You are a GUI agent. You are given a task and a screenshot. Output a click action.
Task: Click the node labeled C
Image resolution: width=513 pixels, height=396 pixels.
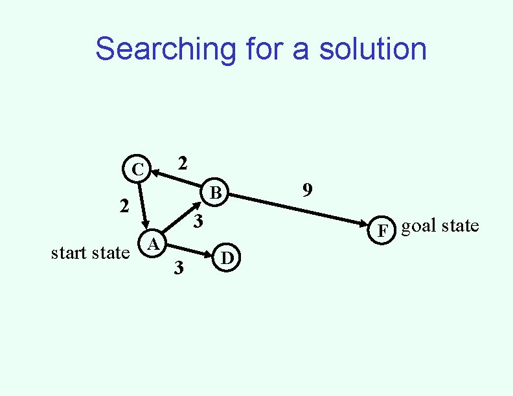[137, 170]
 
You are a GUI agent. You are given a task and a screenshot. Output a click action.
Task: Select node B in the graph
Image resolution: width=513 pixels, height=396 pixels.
[216, 193]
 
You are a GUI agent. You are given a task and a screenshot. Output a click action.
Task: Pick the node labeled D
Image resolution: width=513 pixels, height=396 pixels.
[227, 258]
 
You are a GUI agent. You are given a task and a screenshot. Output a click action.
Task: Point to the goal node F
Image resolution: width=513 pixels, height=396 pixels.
[383, 230]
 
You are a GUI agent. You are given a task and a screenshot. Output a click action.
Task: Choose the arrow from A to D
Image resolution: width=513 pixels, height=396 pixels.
[191, 250]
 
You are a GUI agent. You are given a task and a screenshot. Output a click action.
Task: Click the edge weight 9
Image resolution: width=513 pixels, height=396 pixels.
[308, 190]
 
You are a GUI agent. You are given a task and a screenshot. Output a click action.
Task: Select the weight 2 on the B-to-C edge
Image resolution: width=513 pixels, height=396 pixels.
[183, 164]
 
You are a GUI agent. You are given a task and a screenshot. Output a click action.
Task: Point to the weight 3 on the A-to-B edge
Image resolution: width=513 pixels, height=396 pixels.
[199, 222]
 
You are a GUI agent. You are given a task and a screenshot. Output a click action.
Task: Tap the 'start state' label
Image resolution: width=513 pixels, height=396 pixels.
[90, 253]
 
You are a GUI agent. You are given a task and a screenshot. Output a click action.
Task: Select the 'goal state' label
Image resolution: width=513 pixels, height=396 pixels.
[440, 226]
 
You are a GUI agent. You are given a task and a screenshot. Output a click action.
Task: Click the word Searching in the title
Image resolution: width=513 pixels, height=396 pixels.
[166, 50]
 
